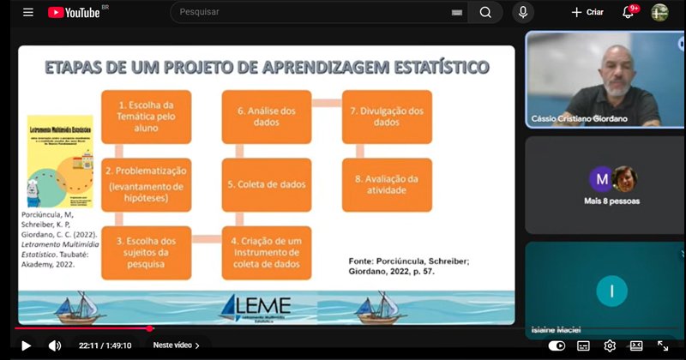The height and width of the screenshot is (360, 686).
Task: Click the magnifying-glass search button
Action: (x=485, y=12)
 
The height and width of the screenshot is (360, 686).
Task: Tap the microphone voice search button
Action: (x=522, y=12)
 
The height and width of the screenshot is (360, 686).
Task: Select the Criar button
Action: (x=587, y=12)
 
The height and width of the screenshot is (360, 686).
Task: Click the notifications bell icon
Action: (x=628, y=12)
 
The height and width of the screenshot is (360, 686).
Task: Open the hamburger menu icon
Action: (x=28, y=12)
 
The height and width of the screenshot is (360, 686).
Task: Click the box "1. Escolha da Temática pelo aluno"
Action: (x=146, y=116)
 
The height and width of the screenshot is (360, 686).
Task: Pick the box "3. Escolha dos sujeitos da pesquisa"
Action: (x=146, y=252)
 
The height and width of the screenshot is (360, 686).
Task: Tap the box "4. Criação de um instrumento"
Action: (x=266, y=252)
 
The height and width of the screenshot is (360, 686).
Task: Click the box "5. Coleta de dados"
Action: (x=266, y=184)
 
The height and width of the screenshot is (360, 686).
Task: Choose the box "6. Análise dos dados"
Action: (x=266, y=116)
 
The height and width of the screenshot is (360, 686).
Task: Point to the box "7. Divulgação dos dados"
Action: (x=386, y=116)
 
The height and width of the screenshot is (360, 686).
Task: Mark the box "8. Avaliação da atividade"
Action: (x=386, y=184)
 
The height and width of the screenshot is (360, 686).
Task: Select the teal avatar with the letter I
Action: (x=611, y=291)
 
